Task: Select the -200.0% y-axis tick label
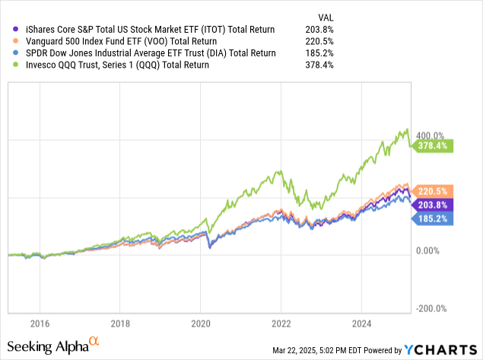(x=431, y=308)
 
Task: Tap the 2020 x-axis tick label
(x=201, y=322)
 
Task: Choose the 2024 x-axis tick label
(x=362, y=322)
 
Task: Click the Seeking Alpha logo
(x=57, y=346)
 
